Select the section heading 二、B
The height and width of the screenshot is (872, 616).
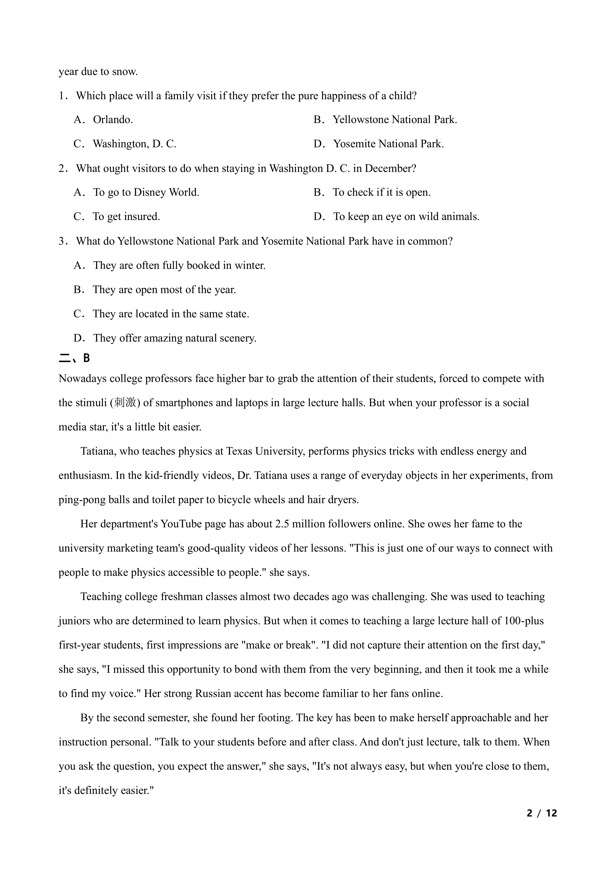pos(74,358)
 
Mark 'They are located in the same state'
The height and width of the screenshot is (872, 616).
pos(171,314)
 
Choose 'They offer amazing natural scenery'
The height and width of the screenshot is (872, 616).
pos(174,338)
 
